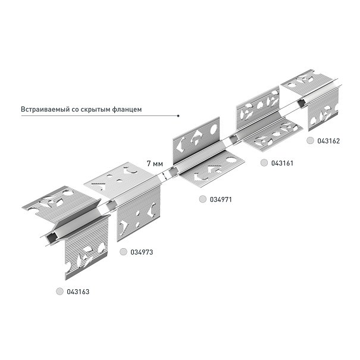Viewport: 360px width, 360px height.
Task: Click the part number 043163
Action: pos(78,292)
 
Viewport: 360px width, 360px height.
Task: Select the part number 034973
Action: pos(142,252)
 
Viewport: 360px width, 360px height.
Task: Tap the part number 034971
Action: pos(221,199)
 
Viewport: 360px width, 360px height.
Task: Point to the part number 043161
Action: pos(282,163)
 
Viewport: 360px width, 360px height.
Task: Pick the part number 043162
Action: pos(328,141)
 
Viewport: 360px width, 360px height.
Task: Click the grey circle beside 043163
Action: pos(60,292)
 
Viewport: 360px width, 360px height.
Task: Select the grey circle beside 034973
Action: pos(124,252)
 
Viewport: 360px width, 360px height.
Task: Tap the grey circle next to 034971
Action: pos(203,199)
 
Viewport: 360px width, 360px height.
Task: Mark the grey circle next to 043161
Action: pos(264,163)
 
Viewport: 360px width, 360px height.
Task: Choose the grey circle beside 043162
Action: pos(311,140)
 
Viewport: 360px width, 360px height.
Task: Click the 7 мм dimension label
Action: pos(155,164)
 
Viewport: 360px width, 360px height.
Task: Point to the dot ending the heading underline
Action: pos(178,115)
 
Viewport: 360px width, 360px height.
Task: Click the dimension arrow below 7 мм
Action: pos(164,176)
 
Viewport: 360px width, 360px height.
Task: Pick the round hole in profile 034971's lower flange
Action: pos(231,160)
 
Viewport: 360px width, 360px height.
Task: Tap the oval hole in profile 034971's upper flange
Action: pos(213,129)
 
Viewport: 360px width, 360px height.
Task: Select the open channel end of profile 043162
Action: pos(301,103)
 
